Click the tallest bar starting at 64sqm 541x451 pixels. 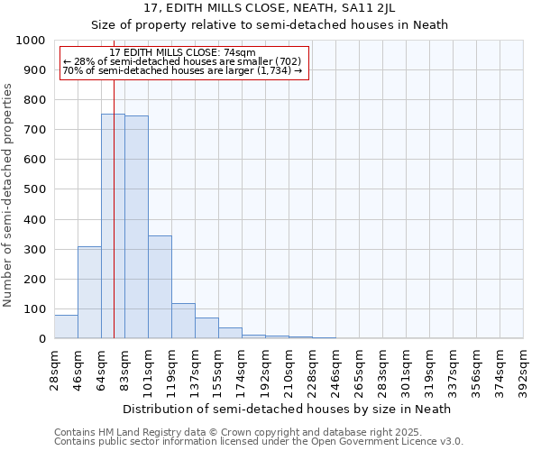tap(113, 225)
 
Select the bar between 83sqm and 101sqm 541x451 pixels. tap(136, 227)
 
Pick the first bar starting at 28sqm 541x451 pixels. tap(66, 327)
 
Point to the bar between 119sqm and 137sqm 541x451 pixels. tap(183, 321)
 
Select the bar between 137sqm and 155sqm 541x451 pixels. tap(206, 328)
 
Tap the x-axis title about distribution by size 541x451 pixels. tap(289, 409)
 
